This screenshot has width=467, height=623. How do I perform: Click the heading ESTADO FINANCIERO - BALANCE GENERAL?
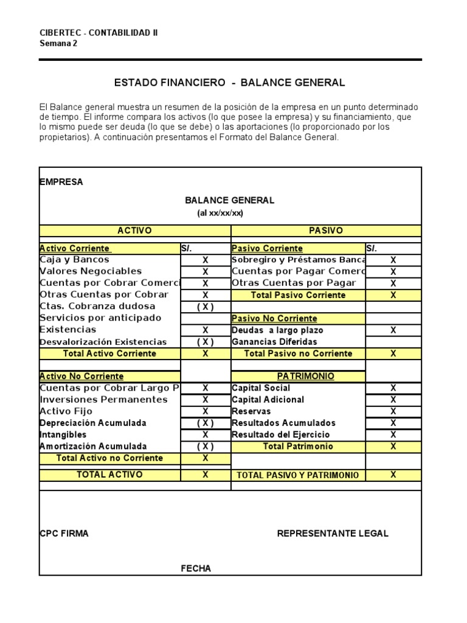[230, 82]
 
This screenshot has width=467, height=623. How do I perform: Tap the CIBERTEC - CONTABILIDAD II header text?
[99, 33]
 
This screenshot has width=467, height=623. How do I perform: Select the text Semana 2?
[54, 43]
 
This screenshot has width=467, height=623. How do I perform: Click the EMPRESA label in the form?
[61, 182]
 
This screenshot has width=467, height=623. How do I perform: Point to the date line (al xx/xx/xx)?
[220, 213]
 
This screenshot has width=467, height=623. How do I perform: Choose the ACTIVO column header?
[134, 231]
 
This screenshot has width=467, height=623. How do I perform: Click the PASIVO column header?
[326, 231]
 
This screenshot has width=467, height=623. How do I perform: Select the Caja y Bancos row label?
[66, 260]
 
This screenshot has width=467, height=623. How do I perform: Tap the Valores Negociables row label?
[90, 271]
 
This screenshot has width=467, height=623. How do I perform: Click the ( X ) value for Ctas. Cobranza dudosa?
[205, 307]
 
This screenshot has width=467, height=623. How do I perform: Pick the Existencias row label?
[67, 330]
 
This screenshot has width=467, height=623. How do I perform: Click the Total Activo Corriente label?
[109, 353]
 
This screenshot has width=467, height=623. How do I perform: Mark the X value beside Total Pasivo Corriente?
[393, 295]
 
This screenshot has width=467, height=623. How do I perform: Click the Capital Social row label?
[261, 388]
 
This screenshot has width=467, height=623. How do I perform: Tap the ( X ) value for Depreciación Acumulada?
[205, 423]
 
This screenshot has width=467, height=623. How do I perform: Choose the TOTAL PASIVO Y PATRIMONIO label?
[297, 475]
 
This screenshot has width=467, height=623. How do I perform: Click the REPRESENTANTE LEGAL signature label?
[333, 534]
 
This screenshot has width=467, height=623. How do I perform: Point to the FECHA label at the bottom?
[196, 569]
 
